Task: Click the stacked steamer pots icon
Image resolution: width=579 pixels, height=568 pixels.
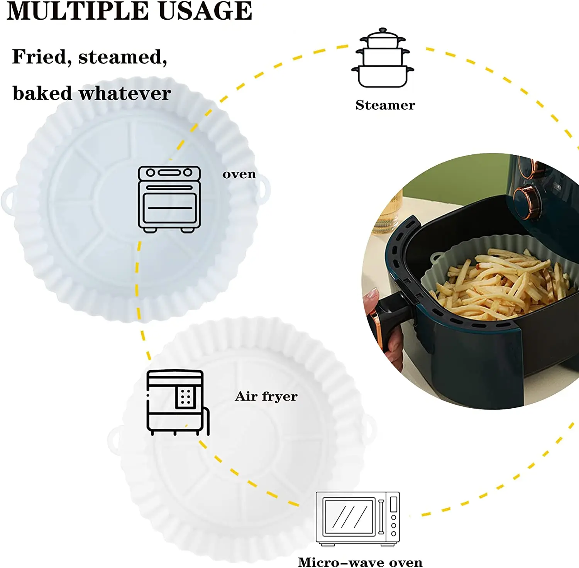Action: tap(383, 58)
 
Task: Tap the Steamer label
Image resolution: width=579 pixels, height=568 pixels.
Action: tap(385, 105)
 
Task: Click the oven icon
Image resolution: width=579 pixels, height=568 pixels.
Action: tap(169, 199)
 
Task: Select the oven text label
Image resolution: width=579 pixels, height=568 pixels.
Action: tap(239, 174)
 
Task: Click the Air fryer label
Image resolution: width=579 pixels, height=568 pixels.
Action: tap(266, 396)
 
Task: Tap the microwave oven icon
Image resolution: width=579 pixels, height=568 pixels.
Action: tap(357, 518)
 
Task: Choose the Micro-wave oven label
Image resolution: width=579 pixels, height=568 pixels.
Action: tap(360, 562)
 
